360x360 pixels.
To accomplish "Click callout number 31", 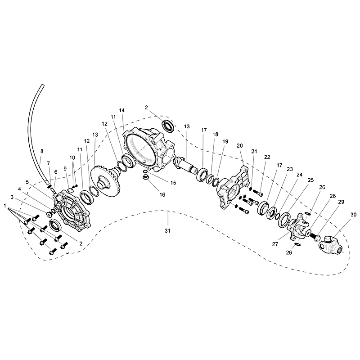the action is click(167, 230).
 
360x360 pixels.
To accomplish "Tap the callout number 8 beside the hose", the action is click(42, 151).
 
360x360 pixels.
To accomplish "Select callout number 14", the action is click(122, 110).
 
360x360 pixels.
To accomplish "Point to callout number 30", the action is click(353, 215).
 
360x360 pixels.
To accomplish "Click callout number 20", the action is click(239, 145).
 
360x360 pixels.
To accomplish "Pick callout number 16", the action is click(162, 195).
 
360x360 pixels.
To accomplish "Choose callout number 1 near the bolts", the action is click(5, 206).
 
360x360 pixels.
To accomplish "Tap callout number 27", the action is click(275, 244).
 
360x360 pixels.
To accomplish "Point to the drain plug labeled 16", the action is click(145, 177).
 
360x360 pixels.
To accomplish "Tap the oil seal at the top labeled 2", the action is click(168, 126).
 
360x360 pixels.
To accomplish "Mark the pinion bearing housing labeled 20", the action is click(233, 187).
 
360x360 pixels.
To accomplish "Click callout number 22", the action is click(267, 157).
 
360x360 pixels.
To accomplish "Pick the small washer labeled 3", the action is click(49, 215).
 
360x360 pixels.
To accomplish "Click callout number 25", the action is click(310, 180).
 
